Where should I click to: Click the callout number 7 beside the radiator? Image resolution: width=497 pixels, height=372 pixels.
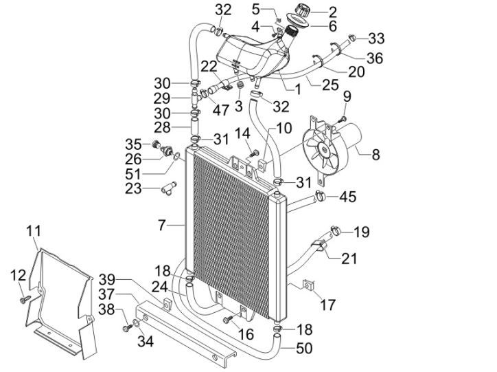[162, 223]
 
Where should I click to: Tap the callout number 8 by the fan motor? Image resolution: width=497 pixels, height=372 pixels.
[375, 155]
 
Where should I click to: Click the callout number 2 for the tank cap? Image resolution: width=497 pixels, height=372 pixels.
[333, 11]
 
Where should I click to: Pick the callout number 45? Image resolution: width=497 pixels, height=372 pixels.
[348, 198]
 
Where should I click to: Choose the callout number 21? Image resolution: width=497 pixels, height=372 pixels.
[349, 259]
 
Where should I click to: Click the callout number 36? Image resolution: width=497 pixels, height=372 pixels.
[374, 58]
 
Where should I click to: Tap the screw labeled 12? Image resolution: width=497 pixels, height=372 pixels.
[24, 299]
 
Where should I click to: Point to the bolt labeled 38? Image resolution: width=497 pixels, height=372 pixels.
[126, 329]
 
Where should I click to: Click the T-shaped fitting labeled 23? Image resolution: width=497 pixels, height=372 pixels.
[169, 186]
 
